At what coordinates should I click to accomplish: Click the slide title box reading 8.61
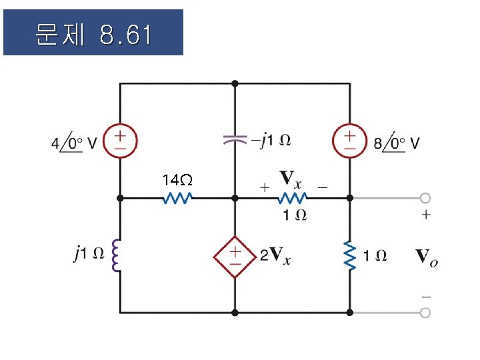pyautogui.click(x=93, y=32)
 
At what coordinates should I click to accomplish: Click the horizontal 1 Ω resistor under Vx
pyautogui.click(x=292, y=198)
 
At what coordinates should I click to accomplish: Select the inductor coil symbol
pyautogui.click(x=117, y=256)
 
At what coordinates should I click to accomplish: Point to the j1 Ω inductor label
pyautogui.click(x=89, y=253)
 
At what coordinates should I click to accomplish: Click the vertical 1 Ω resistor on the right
pyautogui.click(x=349, y=255)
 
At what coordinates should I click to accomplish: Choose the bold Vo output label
pyautogui.click(x=426, y=256)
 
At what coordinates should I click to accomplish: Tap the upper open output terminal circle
pyautogui.click(x=425, y=198)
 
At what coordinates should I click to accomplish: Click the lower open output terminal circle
pyautogui.click(x=425, y=312)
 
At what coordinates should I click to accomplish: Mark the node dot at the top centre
pyautogui.click(x=235, y=83)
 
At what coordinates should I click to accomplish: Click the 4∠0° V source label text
pyautogui.click(x=74, y=143)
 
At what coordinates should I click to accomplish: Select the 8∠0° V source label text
pyautogui.click(x=397, y=143)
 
